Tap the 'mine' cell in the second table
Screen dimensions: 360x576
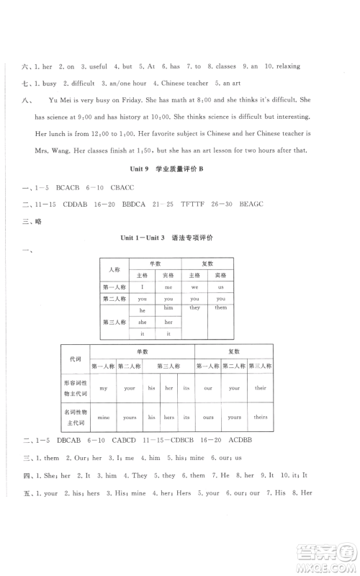[x=104, y=417]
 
